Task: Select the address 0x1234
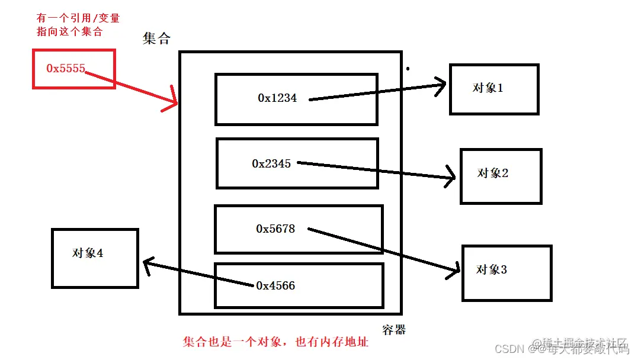coord(277,98)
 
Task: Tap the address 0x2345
coord(271,163)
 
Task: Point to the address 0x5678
coord(275,229)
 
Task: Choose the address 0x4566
coord(275,286)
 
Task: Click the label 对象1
coord(488,88)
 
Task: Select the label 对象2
coord(493,173)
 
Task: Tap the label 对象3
coord(492,269)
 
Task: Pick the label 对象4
coord(88,253)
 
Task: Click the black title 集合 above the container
coord(156,38)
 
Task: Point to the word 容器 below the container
coord(394,329)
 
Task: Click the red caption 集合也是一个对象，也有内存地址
coord(275,342)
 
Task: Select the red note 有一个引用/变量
coord(78,18)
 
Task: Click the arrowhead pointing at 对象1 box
coord(442,85)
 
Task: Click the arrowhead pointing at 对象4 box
coord(145,263)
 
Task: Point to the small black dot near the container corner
coord(408,69)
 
